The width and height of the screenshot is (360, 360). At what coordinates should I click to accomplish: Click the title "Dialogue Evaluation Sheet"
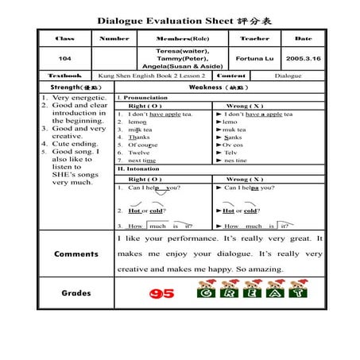[165, 20]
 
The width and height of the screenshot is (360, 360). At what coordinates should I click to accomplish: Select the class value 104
[66, 58]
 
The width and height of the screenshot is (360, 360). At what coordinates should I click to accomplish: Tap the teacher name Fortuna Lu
[254, 58]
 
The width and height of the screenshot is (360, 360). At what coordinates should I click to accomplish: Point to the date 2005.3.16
[304, 58]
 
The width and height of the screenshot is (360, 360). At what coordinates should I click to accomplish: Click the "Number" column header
[114, 38]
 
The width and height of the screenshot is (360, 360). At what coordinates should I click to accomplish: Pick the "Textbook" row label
[66, 75]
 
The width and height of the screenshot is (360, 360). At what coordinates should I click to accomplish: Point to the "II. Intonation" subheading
[138, 168]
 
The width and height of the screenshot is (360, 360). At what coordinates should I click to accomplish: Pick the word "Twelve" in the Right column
[141, 152]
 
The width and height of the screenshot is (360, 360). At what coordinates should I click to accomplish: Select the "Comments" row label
[76, 254]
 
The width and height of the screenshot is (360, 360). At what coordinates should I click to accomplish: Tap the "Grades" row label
[76, 292]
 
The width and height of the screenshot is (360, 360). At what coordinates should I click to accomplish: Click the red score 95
[161, 293]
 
